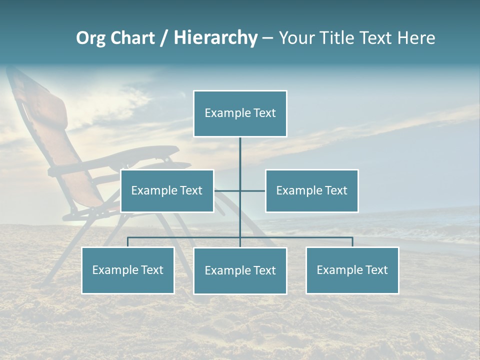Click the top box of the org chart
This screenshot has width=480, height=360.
[x=240, y=113]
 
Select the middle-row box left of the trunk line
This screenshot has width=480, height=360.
[x=167, y=190]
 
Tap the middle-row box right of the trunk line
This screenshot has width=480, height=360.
[x=312, y=190]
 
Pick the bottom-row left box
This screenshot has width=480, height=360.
[x=128, y=270]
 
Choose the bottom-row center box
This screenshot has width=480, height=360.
[x=240, y=270]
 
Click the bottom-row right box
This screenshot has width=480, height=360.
[x=352, y=270]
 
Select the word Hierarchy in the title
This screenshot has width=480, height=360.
[x=215, y=38]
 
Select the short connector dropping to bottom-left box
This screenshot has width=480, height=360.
[x=128, y=242]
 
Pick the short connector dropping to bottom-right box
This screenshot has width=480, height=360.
[x=352, y=242]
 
